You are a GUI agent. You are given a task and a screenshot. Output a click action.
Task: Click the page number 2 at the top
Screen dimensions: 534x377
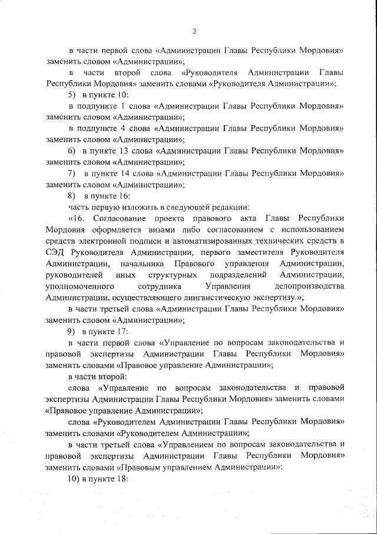(x=194, y=31)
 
